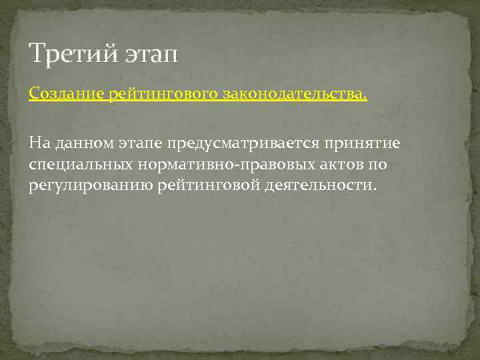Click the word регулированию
click(91, 185)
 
